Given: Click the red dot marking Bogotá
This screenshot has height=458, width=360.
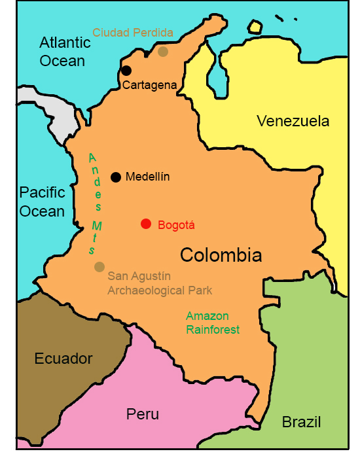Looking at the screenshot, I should click(146, 224).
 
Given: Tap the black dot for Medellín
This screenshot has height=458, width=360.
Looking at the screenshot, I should click(116, 177).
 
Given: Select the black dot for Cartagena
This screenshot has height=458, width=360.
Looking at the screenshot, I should click(126, 71).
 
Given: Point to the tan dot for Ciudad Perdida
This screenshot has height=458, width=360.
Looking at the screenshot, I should click(163, 52).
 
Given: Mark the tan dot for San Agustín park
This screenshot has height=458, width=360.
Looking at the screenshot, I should click(99, 266).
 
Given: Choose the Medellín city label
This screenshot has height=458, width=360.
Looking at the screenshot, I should click(148, 177).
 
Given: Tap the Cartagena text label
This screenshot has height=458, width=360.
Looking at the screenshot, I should click(150, 85).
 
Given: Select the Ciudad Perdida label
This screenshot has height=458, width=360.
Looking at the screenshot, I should click(133, 32).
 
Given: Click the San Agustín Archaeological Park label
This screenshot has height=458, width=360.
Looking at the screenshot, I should click(160, 283).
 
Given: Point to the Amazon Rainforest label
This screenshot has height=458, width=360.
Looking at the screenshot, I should click(213, 323).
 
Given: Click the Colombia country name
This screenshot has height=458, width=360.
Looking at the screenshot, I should click(221, 255).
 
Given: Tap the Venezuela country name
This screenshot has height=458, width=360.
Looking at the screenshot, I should click(293, 121).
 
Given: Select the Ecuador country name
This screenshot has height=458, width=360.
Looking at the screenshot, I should click(63, 359).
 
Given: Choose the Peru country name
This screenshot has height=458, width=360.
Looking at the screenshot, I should click(142, 414).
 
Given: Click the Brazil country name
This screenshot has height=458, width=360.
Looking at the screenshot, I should click(301, 422).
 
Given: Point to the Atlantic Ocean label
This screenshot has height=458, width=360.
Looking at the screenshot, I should click(65, 52).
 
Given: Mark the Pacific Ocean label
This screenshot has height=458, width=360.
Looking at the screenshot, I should click(42, 202).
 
